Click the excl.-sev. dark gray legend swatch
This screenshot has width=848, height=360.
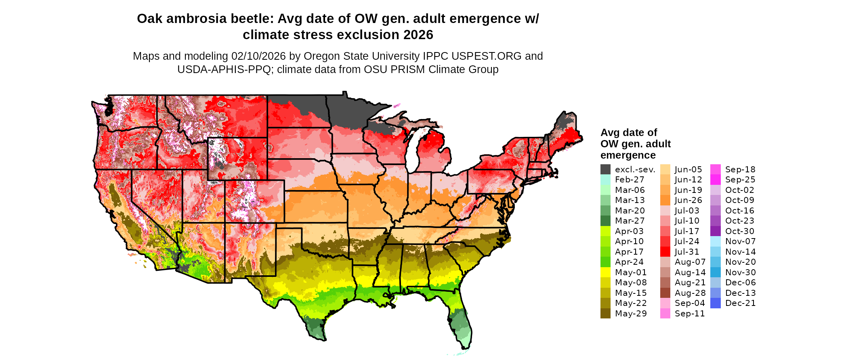click(x=605, y=170)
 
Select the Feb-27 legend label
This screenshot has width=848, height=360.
click(x=630, y=180)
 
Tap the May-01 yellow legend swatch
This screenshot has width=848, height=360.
click(x=605, y=272)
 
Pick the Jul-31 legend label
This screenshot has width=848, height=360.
click(x=686, y=252)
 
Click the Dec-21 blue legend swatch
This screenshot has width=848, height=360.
click(x=715, y=303)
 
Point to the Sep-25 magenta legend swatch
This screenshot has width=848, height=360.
click(x=715, y=180)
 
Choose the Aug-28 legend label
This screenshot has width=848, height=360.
click(x=690, y=293)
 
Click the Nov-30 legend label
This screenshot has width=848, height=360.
click(x=740, y=272)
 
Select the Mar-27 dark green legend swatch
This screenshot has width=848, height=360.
click(x=605, y=221)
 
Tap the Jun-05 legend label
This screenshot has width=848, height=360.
click(x=688, y=170)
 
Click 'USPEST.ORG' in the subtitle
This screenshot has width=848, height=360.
click(x=488, y=56)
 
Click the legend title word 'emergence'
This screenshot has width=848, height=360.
click(x=628, y=155)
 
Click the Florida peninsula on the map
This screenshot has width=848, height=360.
click(x=462, y=325)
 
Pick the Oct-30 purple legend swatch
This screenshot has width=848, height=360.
click(x=715, y=231)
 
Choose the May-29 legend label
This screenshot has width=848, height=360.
click(x=630, y=314)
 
